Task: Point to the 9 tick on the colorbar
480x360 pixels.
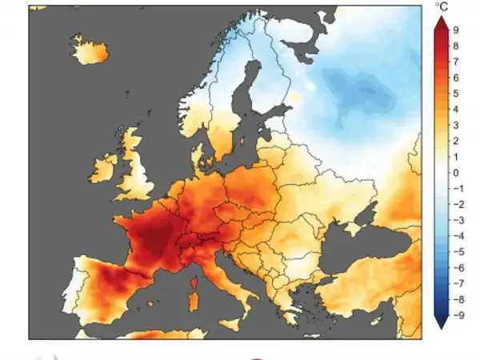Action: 454,30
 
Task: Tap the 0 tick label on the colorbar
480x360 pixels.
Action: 455,173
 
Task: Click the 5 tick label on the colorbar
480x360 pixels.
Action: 455,94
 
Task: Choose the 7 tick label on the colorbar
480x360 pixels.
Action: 455,62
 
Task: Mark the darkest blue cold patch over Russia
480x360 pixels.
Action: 364,88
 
